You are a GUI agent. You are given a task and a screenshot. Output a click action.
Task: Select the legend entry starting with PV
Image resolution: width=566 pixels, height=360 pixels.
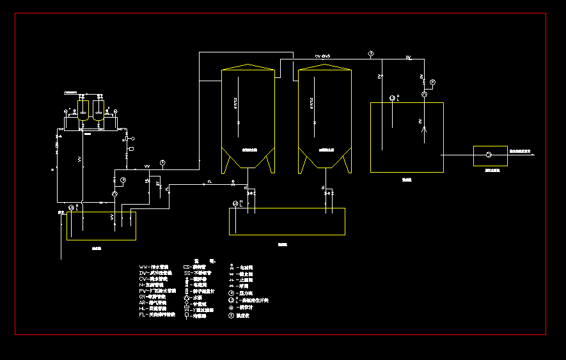click(x=157, y=290)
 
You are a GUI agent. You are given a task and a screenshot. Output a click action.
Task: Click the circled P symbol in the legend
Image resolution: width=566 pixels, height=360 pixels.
click(x=231, y=293)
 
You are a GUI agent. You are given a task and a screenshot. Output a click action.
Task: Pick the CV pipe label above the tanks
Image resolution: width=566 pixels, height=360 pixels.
click(x=322, y=57)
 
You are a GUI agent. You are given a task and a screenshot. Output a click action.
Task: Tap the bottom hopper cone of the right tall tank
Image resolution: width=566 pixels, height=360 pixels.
click(x=325, y=160)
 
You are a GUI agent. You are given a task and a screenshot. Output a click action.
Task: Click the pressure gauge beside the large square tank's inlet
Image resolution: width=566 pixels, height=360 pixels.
click(x=432, y=82)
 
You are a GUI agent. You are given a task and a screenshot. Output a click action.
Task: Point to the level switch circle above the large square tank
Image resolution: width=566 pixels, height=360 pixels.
click(x=392, y=98)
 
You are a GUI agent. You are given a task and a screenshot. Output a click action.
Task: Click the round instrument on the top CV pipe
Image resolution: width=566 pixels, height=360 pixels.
click(x=371, y=54)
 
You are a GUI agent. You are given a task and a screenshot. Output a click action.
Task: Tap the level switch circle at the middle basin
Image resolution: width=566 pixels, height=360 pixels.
click(x=235, y=203)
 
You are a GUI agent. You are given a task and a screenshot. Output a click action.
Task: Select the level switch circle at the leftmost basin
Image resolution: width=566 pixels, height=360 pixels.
click(x=71, y=208)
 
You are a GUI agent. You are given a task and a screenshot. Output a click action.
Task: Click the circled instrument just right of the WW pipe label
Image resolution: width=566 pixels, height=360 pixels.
click(x=162, y=162)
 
